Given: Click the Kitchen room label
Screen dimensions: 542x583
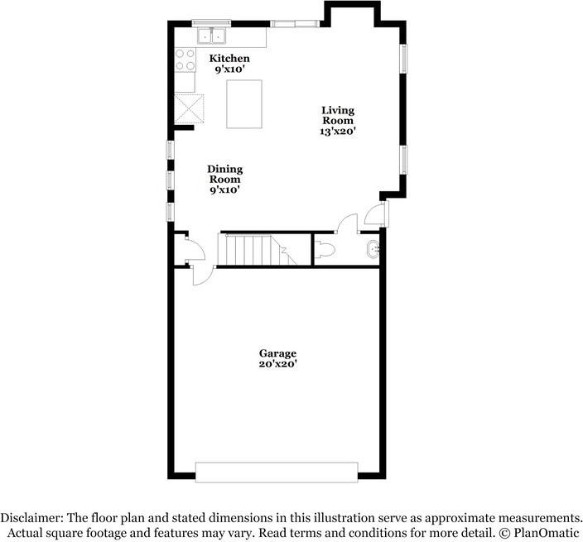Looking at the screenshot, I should (229, 58).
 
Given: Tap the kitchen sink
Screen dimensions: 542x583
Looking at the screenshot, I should (213, 36).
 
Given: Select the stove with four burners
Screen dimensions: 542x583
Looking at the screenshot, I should (185, 60).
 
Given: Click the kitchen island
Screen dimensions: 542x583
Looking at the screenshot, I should (244, 103).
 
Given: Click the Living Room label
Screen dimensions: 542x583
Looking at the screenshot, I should (338, 115).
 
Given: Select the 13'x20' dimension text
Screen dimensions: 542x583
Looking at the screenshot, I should (338, 131).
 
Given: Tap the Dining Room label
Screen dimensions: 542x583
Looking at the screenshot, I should (224, 175).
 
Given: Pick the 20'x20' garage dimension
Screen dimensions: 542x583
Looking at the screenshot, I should (277, 364).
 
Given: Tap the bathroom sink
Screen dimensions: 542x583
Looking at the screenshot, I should (373, 247).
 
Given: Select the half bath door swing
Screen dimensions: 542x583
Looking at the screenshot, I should (348, 223).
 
